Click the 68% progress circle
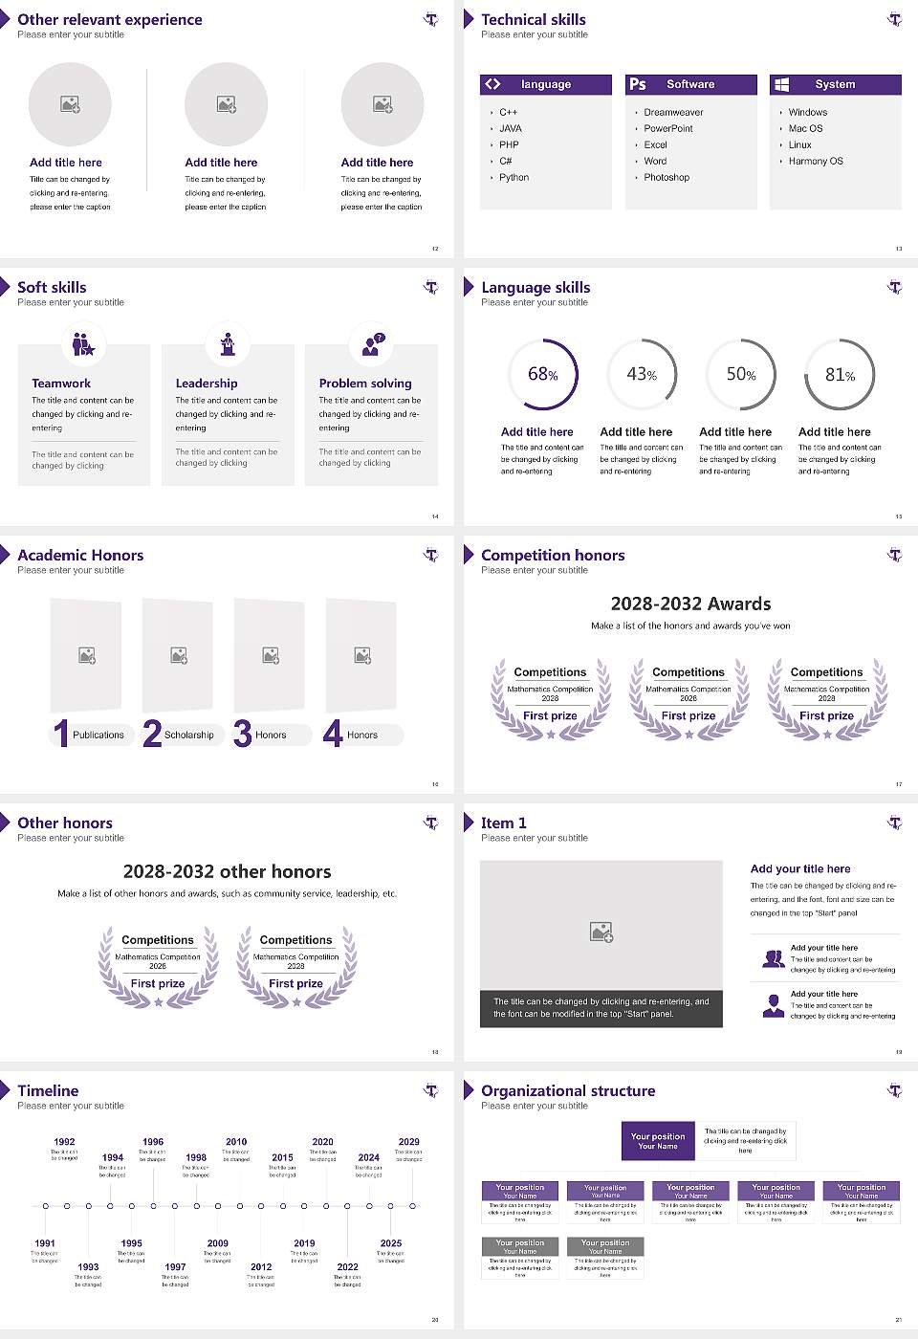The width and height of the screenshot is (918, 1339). coord(542,374)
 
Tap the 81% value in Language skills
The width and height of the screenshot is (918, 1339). coord(840,375)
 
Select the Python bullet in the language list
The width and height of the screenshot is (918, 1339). coord(514,177)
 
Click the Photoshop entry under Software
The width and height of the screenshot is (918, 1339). coord(667,177)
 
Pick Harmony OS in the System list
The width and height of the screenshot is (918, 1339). coord(816,161)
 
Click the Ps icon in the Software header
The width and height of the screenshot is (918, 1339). coord(638,84)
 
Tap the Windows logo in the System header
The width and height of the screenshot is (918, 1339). coord(781,84)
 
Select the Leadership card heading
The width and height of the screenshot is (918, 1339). coord(207,383)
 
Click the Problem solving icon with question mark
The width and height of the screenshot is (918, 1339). coord(371,344)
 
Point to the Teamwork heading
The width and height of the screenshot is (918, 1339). coord(61,383)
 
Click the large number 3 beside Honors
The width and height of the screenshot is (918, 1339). coord(242,734)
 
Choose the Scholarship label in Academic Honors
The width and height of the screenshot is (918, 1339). coord(188,735)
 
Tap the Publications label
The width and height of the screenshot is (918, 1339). coord(98,735)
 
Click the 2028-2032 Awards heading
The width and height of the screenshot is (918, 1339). coord(690,604)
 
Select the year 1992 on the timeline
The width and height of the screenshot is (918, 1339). coord(64,1141)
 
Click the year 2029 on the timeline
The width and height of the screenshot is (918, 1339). coord(408,1141)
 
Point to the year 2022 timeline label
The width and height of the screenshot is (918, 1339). coord(347,1266)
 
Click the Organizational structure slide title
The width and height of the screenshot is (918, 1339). coord(568,1090)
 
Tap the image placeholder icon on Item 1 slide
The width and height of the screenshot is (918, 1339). coord(601,931)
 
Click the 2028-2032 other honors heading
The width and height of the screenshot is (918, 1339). coord(228,871)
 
